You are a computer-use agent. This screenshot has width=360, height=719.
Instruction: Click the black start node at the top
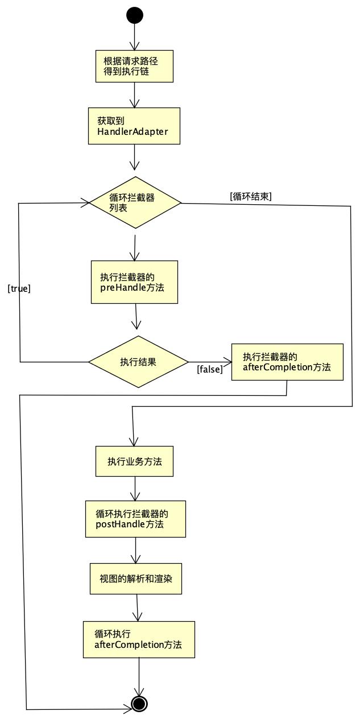[135, 15]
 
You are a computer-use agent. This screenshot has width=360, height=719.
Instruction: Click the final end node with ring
[139, 704]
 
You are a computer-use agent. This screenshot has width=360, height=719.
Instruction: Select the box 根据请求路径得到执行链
[134, 66]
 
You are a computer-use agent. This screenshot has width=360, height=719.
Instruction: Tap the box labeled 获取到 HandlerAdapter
[134, 126]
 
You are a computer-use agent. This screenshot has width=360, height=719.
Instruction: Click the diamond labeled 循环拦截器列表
[135, 202]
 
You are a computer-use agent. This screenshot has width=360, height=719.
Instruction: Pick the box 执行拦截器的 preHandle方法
[134, 282]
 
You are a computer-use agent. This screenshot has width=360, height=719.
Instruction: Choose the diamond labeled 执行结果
[138, 362]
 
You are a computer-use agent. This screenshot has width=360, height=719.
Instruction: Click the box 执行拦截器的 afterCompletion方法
[287, 362]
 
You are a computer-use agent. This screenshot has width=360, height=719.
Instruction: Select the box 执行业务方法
[134, 461]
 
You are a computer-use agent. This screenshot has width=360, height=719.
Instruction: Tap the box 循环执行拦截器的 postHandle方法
[135, 519]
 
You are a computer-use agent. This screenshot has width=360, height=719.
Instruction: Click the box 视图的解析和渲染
[136, 578]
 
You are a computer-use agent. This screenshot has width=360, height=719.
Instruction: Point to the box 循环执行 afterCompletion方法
[139, 639]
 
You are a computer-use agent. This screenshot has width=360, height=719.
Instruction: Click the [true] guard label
[19, 288]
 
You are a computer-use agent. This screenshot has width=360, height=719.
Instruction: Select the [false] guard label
[210, 370]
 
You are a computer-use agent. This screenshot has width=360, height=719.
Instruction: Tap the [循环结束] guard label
[251, 196]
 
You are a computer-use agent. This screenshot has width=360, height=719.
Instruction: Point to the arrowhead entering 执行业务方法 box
[134, 442]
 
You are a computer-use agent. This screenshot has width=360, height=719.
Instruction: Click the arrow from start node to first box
[135, 37]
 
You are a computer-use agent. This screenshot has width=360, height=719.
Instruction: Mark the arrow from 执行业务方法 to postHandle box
[135, 489]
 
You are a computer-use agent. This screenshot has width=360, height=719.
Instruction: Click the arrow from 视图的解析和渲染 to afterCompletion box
[138, 608]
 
